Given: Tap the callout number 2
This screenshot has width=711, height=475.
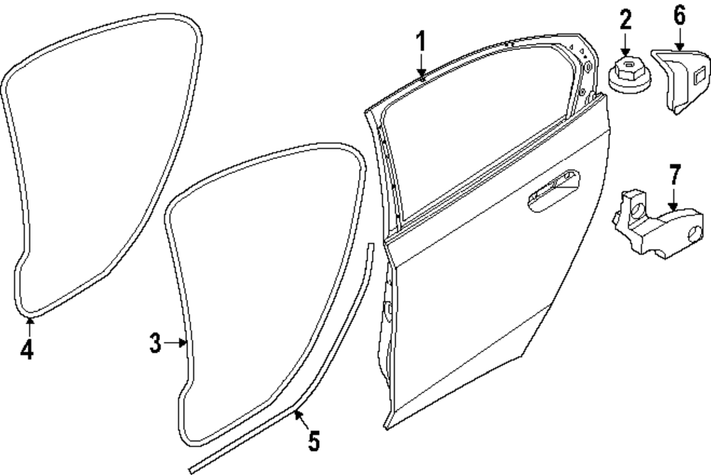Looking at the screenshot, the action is point(625,19).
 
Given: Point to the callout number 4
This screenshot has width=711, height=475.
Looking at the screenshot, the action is point(26,350).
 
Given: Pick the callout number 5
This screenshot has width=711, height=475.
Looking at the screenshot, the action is point(313,442).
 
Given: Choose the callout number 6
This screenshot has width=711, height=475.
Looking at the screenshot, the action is point(680,16).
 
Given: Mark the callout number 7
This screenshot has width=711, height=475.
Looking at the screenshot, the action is point(675,174).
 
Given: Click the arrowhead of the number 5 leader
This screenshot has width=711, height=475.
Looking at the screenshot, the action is point(296,412).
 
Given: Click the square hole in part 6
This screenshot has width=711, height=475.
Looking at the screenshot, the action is point(698,73).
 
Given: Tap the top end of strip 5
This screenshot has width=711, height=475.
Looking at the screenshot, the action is point(370,245).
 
